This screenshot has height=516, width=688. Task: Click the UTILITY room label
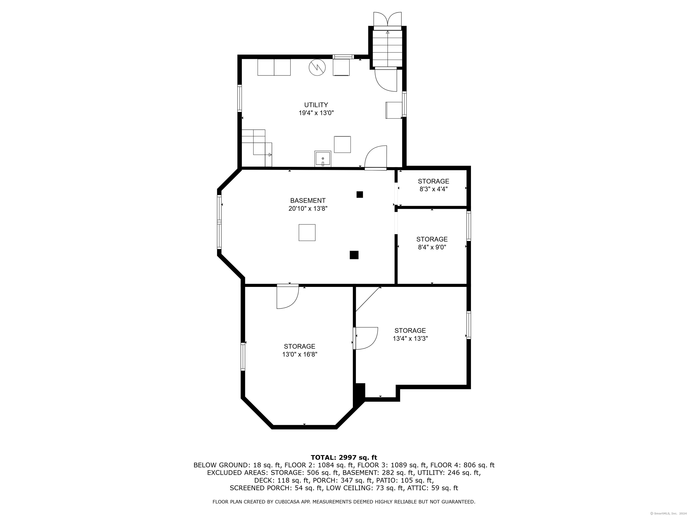pos(316,105)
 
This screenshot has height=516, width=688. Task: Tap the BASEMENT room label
pos(308,201)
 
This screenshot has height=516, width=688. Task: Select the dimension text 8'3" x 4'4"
pos(434,189)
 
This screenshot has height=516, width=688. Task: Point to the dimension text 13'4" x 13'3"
pos(410,338)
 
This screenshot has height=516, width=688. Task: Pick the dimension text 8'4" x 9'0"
pos(432,247)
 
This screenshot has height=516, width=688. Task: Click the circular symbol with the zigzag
pos(317,67)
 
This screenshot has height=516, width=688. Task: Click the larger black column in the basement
pos(354,255)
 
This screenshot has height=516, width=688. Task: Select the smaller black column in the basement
pos(359,194)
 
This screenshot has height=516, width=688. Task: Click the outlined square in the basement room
pos(307,233)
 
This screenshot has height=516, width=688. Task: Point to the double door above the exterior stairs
pos(387,19)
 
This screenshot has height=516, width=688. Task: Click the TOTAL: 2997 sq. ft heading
pos(344,458)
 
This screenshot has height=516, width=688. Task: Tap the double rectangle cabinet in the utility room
pos(274,67)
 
